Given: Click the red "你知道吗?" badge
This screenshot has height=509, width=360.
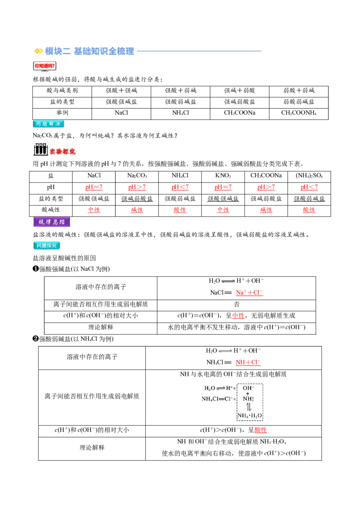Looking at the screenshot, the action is click(x=45, y=66).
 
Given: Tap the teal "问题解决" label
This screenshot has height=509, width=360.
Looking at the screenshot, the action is click(x=49, y=124).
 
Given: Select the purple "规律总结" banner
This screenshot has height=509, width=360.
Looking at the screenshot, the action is click(x=52, y=222).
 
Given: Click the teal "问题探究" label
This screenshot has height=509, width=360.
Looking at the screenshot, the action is click(x=47, y=246).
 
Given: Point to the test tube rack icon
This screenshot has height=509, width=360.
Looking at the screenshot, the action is click(x=40, y=149).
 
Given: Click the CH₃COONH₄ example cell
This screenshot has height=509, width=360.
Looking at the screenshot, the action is click(x=299, y=113).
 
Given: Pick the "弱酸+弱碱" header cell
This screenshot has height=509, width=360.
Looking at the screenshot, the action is click(x=299, y=90).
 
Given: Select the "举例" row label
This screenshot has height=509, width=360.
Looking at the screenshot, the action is click(x=62, y=113).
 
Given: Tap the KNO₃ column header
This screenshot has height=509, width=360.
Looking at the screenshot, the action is click(x=223, y=176).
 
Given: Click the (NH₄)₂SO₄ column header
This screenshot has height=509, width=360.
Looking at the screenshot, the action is click(x=309, y=176).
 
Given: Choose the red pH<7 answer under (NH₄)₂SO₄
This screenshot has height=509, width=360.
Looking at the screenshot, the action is click(x=309, y=187).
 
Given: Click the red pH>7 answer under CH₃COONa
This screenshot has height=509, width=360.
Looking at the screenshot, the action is click(x=266, y=187).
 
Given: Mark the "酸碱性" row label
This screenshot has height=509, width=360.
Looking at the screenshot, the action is click(x=51, y=210).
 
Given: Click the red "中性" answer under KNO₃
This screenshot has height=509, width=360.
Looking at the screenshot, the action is click(x=223, y=210).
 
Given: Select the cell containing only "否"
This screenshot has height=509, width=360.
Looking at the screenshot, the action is click(x=237, y=304).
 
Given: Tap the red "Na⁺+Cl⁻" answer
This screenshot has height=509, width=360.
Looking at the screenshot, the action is click(x=249, y=292).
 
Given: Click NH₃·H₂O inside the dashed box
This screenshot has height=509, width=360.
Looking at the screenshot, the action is click(x=250, y=415).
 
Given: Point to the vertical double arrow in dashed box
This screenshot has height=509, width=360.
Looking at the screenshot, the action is click(x=248, y=407).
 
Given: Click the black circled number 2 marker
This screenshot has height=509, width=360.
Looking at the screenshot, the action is click(x=36, y=339).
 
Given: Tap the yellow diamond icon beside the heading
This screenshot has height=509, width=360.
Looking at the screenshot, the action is click(x=38, y=51).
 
